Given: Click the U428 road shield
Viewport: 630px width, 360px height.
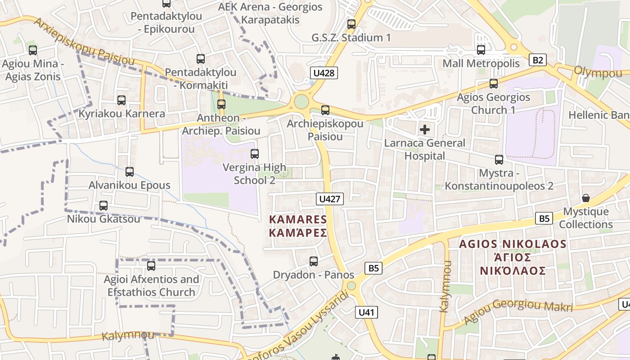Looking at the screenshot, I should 324,72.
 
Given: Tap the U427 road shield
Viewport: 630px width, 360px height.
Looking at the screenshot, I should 330,199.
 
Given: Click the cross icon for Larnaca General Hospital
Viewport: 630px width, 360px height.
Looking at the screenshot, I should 424,130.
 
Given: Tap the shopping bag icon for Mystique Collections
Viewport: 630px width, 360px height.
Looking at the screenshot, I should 586,198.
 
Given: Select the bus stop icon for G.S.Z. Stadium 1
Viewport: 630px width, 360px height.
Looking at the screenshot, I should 351,24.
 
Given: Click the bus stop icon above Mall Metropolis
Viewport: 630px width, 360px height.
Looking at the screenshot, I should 481,50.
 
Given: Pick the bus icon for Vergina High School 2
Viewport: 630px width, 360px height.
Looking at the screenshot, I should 255,154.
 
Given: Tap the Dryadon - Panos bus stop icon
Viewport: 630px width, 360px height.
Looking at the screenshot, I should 314,261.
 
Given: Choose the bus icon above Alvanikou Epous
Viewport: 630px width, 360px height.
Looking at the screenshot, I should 130,171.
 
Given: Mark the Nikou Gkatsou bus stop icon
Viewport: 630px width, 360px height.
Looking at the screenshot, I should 103,206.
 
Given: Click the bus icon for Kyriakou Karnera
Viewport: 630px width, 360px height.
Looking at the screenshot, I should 121,100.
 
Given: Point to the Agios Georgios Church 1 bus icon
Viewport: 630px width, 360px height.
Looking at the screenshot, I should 494,84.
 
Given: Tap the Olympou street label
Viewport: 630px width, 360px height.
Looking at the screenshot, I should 597,72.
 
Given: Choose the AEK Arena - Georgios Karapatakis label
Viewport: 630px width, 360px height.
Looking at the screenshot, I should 270,13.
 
